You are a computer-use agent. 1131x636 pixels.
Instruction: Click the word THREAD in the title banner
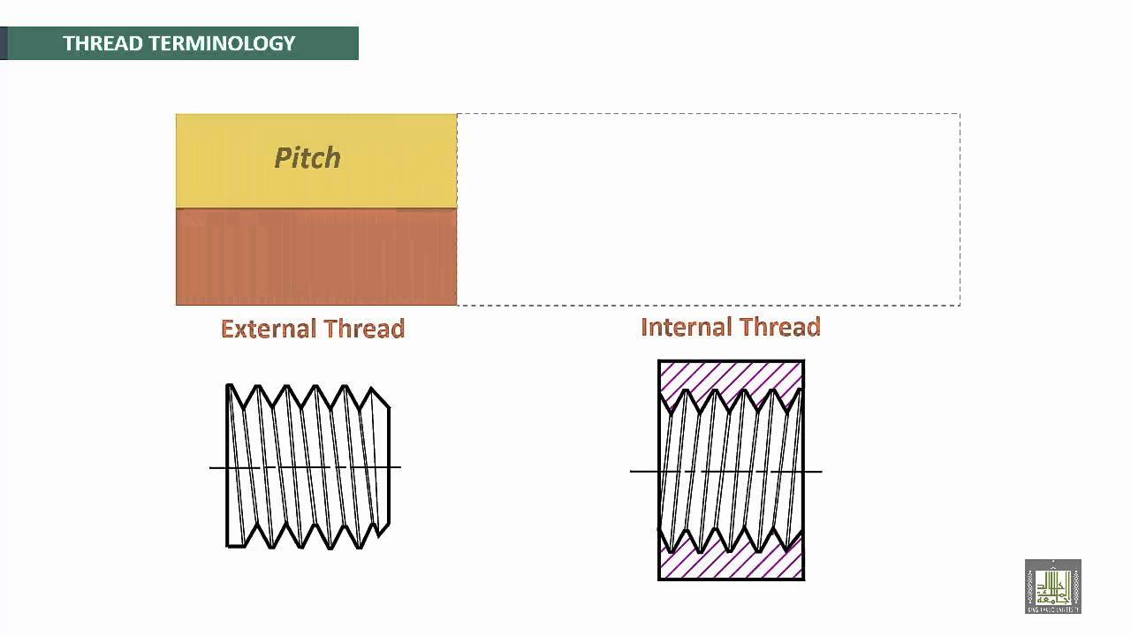tap(97, 43)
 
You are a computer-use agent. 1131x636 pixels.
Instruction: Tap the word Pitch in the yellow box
tap(307, 158)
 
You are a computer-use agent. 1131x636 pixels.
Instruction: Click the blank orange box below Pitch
tap(316, 257)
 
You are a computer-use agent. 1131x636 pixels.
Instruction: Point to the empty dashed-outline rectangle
tap(708, 209)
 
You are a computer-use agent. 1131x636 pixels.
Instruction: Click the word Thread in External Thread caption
tap(364, 329)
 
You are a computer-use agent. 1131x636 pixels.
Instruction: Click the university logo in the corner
tap(1052, 587)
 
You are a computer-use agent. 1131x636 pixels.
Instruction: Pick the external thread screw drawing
tap(307, 466)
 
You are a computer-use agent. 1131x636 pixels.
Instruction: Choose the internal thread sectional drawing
tap(731, 470)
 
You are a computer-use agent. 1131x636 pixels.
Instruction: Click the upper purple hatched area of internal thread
tap(731, 377)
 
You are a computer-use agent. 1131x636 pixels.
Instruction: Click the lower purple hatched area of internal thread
tap(731, 564)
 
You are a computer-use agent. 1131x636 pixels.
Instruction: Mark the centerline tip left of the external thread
tap(211, 467)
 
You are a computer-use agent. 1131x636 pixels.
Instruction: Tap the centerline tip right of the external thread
tap(399, 467)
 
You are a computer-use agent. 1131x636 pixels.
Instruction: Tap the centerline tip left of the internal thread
tap(632, 471)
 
